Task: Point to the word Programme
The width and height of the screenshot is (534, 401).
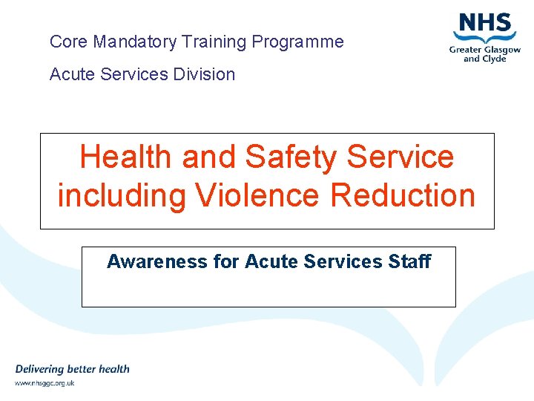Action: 298,42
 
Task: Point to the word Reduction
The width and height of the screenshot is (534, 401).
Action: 403,195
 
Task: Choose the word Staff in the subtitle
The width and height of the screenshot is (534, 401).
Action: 409,261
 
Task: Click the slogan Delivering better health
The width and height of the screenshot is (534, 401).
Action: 72,369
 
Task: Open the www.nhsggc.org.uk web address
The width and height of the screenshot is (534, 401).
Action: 44,383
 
